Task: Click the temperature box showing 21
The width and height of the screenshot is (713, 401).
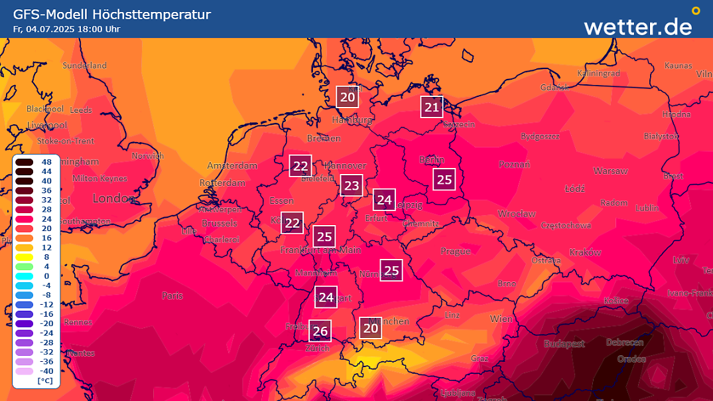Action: coord(432,107)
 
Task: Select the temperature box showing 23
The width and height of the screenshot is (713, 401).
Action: coord(352,185)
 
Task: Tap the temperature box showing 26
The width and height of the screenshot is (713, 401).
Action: coord(320,331)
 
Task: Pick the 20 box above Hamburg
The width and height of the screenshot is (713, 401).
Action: coord(347,97)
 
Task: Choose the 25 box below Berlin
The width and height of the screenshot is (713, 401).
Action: coord(444,179)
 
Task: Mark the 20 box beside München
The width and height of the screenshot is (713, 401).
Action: coord(371,328)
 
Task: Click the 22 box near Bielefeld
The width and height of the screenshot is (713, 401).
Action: coord(300,166)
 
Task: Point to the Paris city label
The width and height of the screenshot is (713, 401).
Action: coord(172,295)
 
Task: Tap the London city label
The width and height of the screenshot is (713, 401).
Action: coord(114,198)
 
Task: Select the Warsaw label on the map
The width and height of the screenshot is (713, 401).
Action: coord(610,171)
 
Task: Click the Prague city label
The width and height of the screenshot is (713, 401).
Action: coord(456,251)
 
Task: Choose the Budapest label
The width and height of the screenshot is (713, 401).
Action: coord(564,343)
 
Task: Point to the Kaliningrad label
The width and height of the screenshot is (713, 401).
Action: coord(598,73)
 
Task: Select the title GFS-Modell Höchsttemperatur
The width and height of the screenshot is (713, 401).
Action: coord(112,15)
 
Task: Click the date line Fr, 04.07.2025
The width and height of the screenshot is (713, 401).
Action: coord(66,29)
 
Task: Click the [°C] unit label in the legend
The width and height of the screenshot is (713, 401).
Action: coord(45,380)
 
